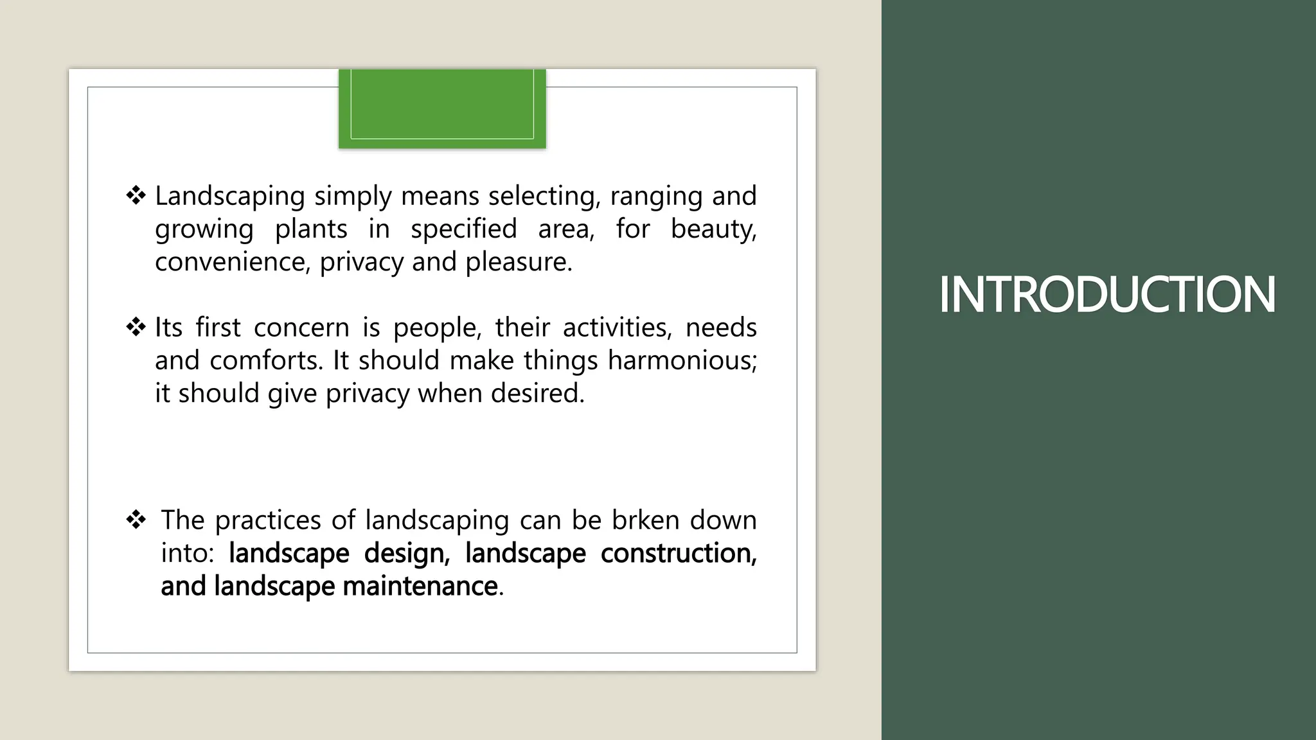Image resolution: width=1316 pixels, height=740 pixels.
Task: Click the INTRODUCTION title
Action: pos(1107,295)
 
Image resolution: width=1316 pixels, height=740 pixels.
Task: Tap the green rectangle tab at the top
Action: pos(442,108)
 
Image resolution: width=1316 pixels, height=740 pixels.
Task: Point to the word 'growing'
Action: pos(204,230)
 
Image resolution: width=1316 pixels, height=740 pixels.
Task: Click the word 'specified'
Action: pos(463,229)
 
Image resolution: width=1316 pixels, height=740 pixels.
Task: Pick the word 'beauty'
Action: pos(713,229)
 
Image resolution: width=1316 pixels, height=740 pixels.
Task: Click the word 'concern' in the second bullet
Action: pos(301,328)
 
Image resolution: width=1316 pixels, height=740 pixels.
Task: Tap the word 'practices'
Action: pos(267,520)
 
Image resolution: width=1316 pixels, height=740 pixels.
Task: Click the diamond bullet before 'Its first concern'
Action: pos(136,328)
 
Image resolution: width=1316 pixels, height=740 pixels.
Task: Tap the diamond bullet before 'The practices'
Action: pos(136,520)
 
